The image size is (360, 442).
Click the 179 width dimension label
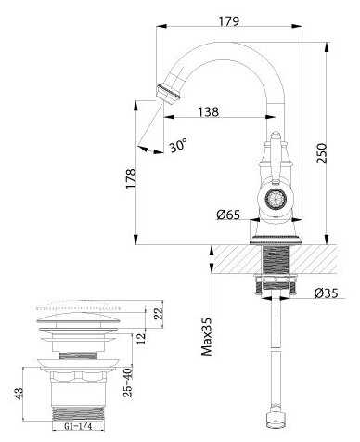point(229,21)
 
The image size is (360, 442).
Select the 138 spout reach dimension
point(208,111)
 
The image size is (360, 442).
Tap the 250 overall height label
point(322,153)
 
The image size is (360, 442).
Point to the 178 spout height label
point(130,178)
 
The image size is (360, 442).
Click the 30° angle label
point(178,144)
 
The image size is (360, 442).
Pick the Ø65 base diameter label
point(228,214)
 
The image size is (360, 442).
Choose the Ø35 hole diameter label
point(326,292)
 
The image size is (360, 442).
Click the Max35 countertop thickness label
point(207,336)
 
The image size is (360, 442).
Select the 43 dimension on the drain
point(19,394)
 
